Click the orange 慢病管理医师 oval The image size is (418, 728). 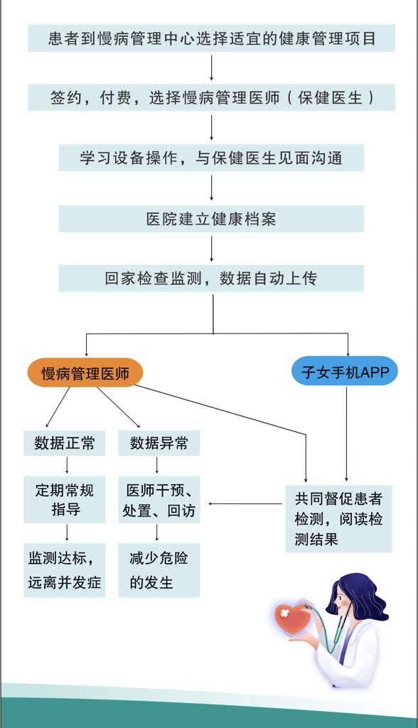[85, 373]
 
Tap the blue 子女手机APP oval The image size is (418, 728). [345, 371]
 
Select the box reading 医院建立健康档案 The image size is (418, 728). [211, 219]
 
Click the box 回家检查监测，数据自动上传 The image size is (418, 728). [211, 278]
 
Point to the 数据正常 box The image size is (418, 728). [65, 443]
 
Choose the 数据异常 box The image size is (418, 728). [159, 443]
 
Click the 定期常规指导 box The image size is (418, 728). [65, 500]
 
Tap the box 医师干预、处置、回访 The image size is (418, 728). [159, 500]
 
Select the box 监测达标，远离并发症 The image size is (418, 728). [65, 570]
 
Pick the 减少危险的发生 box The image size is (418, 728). [159, 570]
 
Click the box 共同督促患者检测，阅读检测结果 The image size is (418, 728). [338, 518]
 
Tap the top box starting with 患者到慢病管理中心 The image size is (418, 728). [211, 38]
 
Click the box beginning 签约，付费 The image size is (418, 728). [211, 97]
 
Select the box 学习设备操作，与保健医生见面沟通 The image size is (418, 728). [211, 158]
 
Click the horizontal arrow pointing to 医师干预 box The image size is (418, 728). [245, 503]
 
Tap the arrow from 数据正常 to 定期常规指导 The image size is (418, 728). [67, 465]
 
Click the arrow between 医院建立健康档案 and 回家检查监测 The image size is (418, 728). [212, 249]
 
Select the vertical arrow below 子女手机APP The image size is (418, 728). [346, 434]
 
